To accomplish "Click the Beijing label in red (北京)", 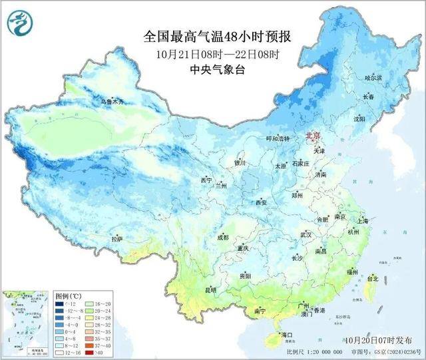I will point(313,136).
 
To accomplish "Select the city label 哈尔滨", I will point(374,78).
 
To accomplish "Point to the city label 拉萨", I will point(117,239).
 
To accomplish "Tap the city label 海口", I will point(287,334).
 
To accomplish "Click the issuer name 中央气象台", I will point(217,69).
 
